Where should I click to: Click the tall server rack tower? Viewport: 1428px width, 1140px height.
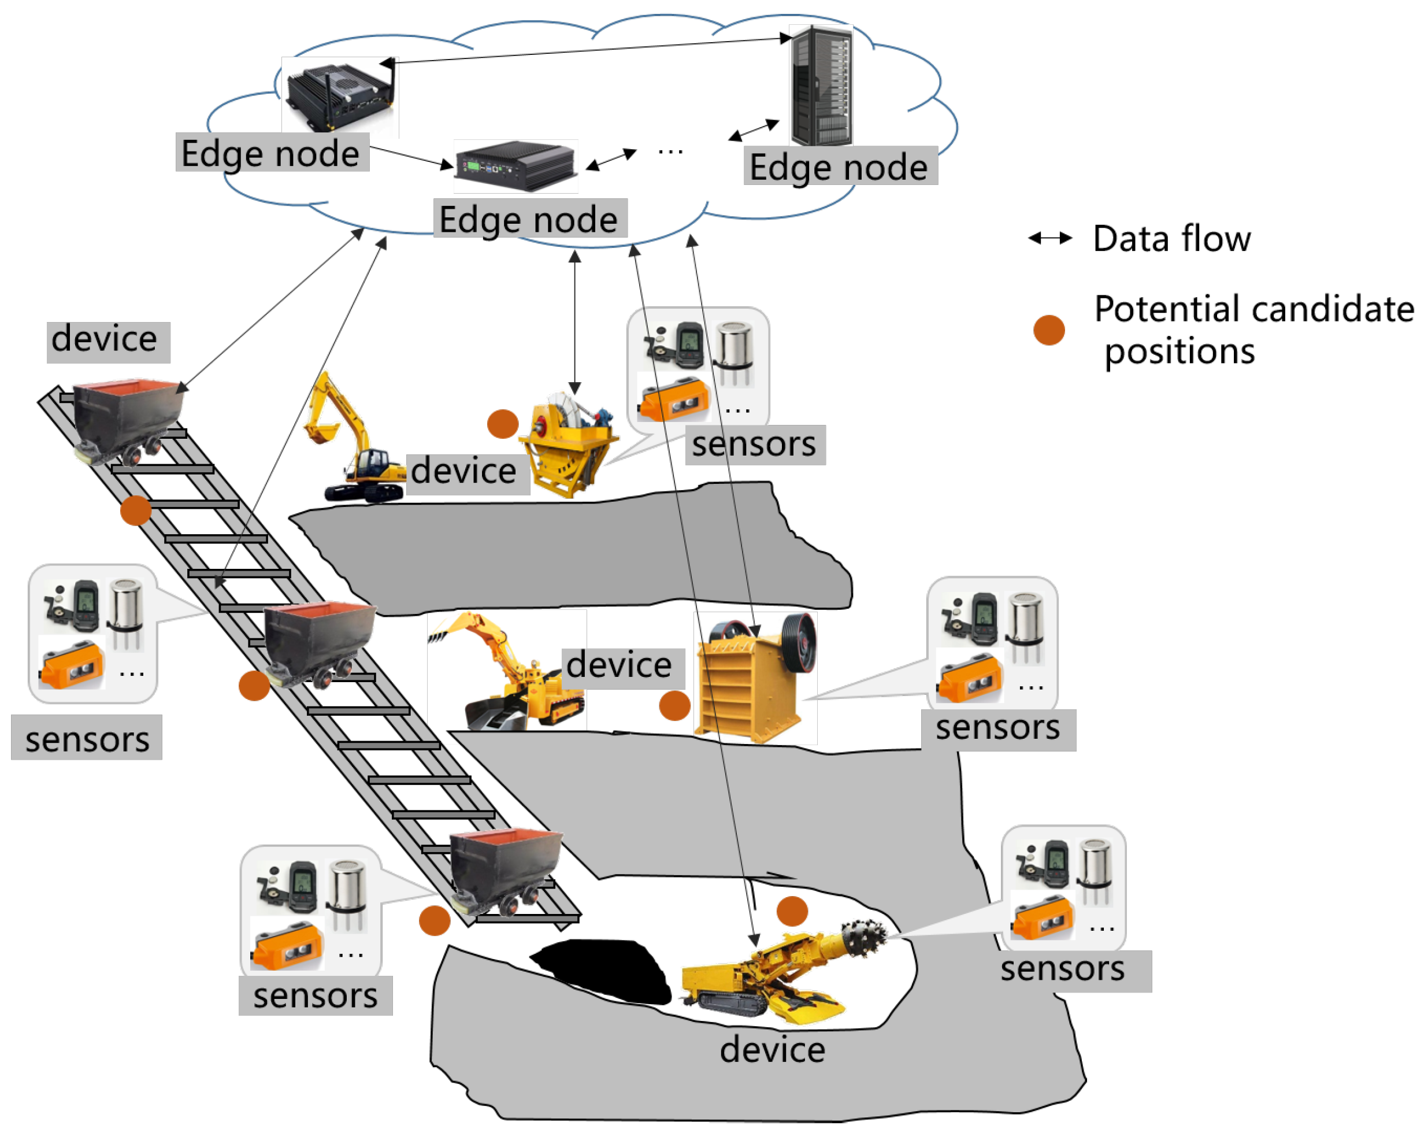(821, 86)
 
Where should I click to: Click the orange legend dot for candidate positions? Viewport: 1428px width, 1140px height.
(1049, 330)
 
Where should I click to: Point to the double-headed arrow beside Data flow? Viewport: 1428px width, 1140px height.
(1050, 239)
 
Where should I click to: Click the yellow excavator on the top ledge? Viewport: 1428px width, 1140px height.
(351, 444)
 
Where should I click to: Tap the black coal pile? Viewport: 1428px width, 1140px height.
(603, 971)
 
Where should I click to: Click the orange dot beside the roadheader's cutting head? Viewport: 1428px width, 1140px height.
(792, 912)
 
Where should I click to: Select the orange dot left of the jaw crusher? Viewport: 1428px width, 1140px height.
(674, 705)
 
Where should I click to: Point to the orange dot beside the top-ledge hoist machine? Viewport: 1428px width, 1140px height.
(502, 424)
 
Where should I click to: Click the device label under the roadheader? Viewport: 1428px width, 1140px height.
(772, 1050)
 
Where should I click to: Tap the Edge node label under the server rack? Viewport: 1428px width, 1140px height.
(839, 167)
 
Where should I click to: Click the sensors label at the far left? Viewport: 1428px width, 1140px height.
(87, 739)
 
